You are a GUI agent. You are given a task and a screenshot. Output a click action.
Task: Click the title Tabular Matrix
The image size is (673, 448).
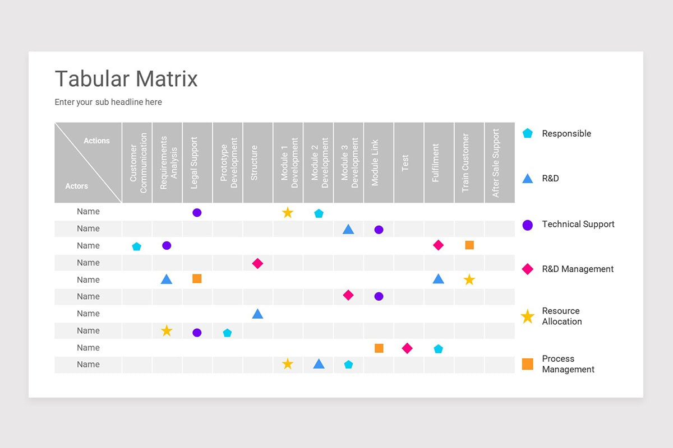point(126,79)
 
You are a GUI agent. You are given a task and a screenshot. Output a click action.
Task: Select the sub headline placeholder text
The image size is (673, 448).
point(108,102)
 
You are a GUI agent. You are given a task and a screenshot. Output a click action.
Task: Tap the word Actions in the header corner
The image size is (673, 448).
point(96,141)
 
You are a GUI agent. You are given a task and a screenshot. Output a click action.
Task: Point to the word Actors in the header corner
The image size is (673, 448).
point(76,186)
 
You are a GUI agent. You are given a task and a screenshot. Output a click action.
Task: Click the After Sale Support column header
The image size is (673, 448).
point(496,163)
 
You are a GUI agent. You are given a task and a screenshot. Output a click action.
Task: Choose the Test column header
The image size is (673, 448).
point(405,163)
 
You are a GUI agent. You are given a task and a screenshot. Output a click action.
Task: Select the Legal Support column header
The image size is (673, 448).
point(194,163)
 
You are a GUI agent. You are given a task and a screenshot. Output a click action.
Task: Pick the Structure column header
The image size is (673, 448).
point(254,163)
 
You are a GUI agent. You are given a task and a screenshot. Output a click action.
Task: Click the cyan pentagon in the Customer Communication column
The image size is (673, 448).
point(136,246)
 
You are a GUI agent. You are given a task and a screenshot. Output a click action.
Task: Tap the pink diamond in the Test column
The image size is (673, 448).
point(407,348)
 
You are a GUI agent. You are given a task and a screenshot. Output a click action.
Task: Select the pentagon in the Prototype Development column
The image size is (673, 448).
point(227,333)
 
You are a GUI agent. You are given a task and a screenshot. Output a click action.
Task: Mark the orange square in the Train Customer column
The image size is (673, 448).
point(469,245)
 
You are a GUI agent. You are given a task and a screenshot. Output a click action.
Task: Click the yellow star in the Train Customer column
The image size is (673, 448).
point(469,279)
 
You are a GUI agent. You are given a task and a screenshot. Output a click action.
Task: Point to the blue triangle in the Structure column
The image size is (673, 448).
point(257,314)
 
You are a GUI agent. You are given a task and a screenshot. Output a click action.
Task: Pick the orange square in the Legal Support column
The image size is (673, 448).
point(197,278)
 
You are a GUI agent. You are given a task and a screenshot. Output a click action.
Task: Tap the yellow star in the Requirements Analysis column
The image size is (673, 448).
point(167,331)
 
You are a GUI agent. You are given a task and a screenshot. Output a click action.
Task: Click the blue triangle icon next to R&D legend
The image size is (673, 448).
point(527,179)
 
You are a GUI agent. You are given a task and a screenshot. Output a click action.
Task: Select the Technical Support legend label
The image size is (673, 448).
point(578,224)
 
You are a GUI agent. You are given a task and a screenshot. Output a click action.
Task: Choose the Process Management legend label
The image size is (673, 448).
point(568,364)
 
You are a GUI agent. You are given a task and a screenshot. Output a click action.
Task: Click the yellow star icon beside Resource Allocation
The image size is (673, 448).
point(527,317)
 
